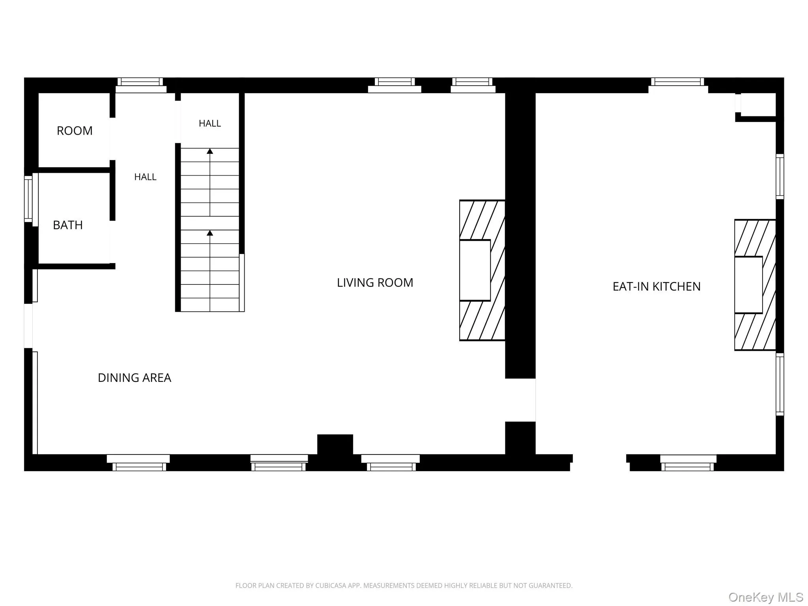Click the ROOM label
point(75,131)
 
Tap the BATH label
point(68,225)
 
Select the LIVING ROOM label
point(375,282)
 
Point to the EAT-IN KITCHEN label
point(656,286)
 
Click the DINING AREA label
point(135,378)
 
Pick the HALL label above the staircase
point(210,123)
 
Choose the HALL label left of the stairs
point(145,177)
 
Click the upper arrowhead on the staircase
point(210,151)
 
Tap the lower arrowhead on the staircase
point(210,233)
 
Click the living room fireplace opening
point(475,270)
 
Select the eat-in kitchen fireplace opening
point(748,285)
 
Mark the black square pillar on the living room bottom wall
point(335,445)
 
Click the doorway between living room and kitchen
point(520,400)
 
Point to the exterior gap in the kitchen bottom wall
point(600,462)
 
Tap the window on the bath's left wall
point(28,199)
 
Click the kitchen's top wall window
point(677,82)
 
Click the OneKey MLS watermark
point(766,597)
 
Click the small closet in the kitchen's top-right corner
point(758,105)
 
